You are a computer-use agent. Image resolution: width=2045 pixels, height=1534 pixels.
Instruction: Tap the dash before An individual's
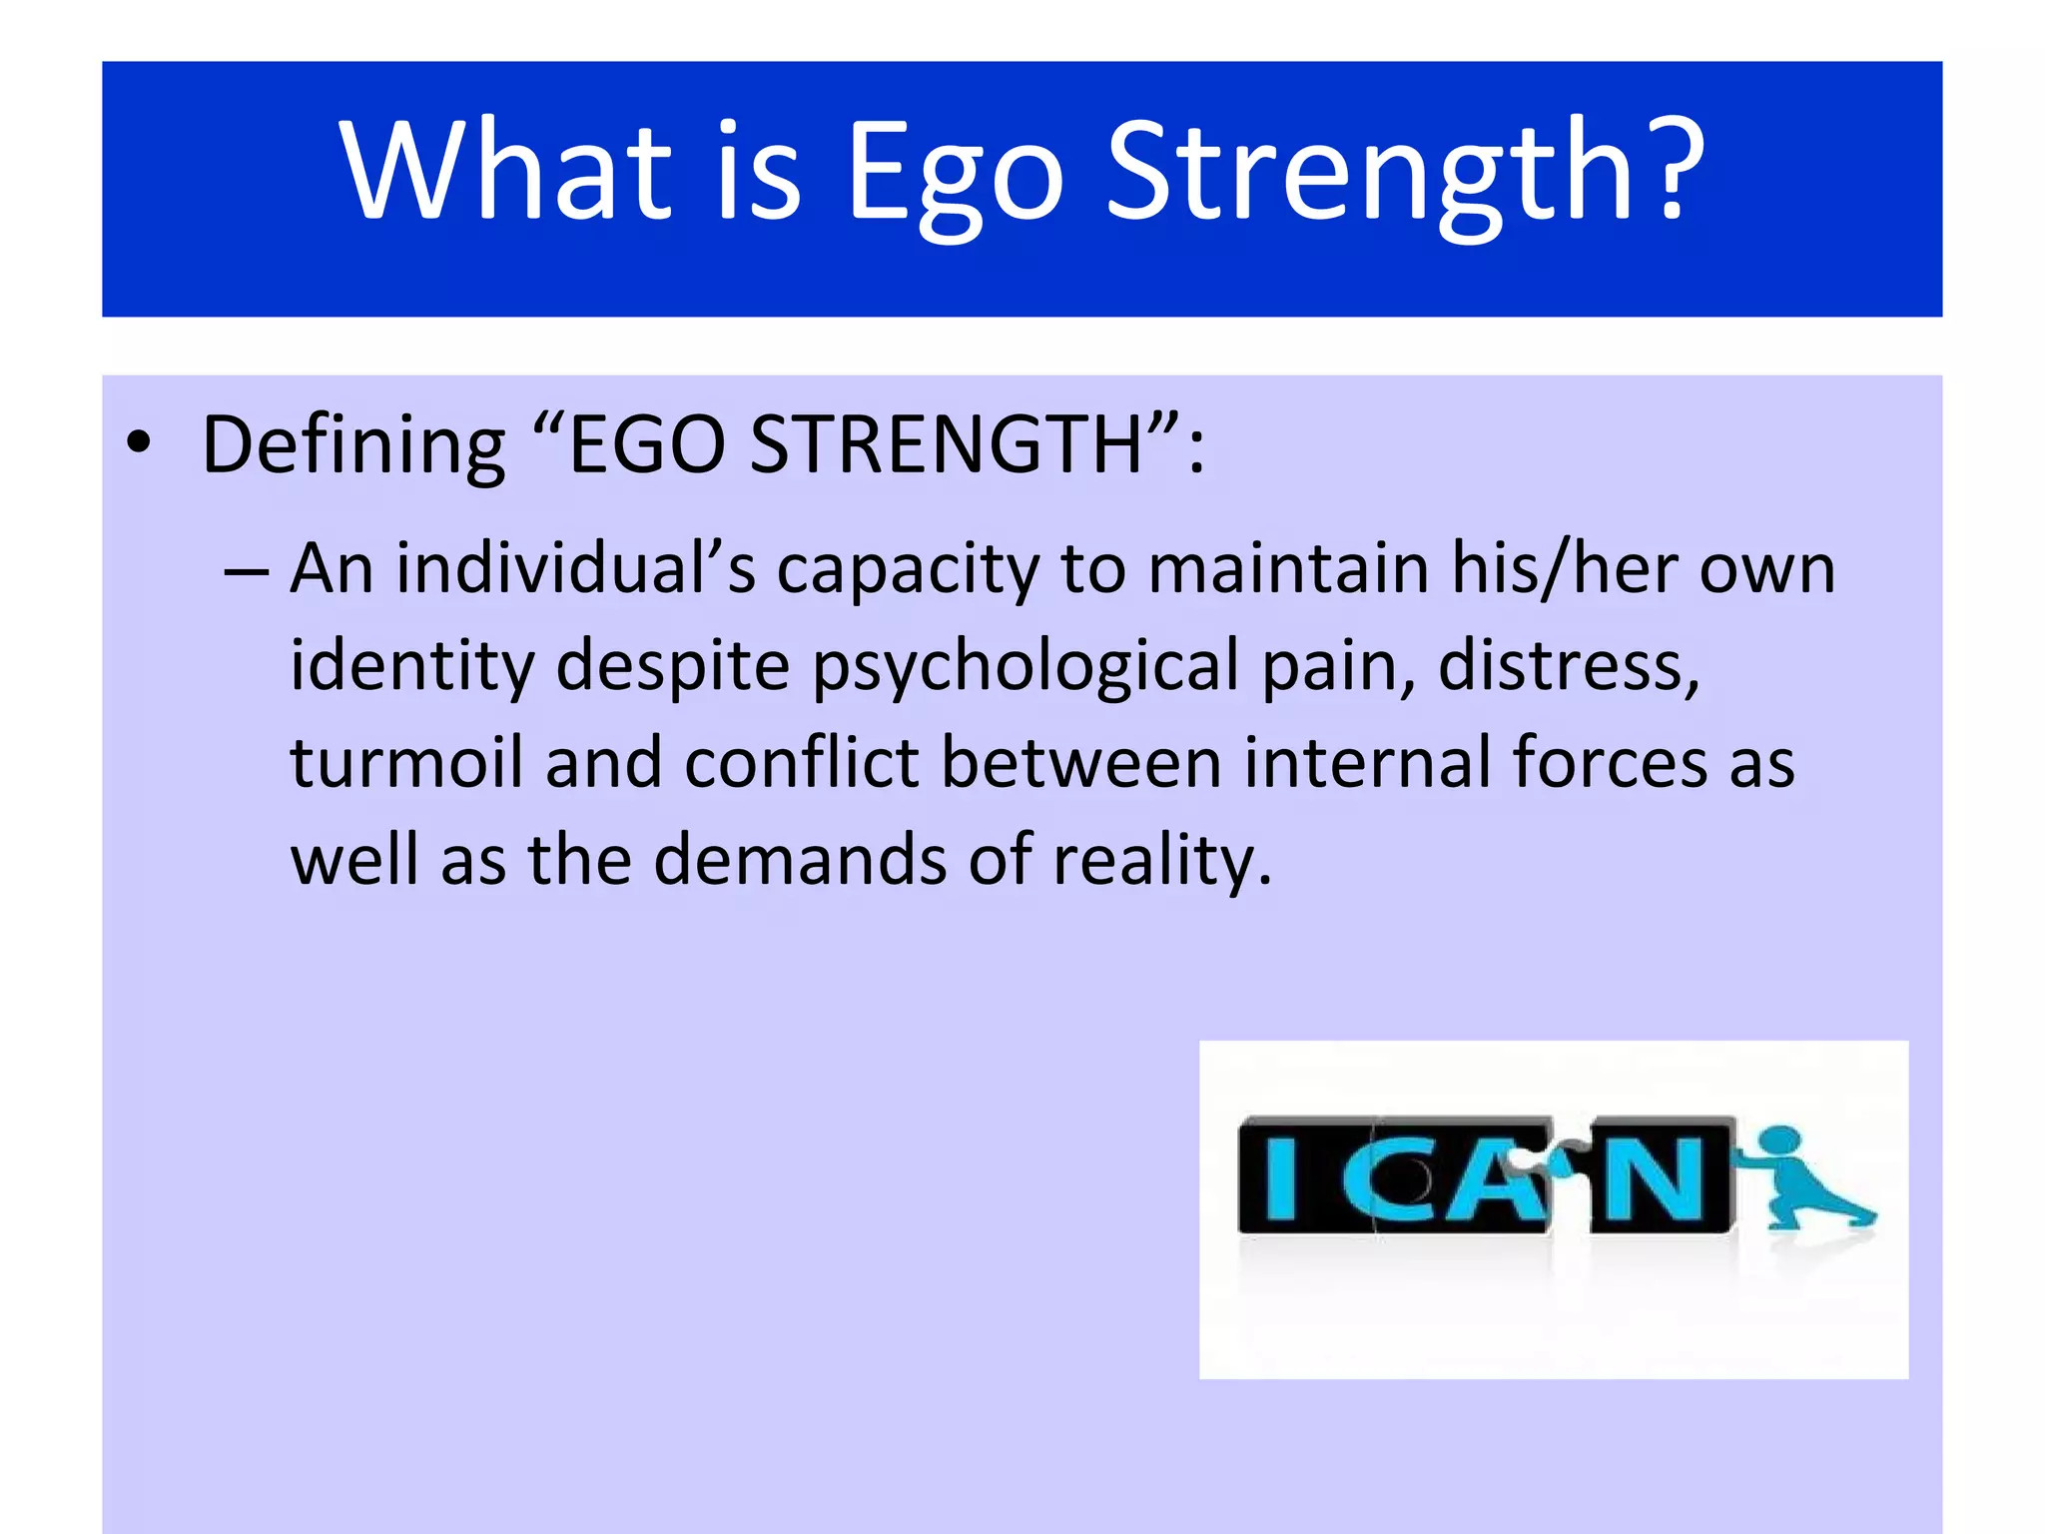coord(246,570)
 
